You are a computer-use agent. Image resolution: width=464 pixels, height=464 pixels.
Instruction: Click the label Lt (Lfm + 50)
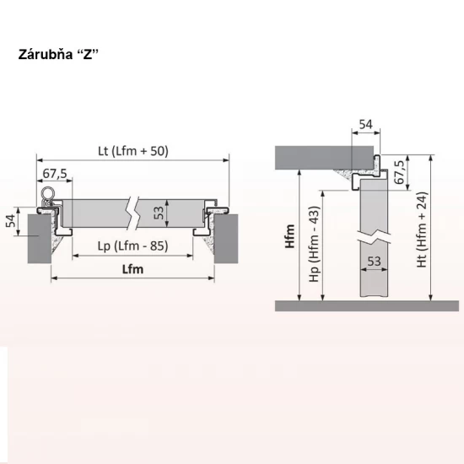(x=132, y=151)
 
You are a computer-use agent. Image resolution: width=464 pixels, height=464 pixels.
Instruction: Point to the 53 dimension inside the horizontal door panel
(x=159, y=211)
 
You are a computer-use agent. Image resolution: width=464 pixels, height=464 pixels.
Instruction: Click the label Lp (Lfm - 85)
(x=132, y=247)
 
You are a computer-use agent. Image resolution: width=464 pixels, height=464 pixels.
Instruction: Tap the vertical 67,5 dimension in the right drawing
(x=401, y=172)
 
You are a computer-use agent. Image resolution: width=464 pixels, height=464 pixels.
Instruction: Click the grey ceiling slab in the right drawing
(x=325, y=155)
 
